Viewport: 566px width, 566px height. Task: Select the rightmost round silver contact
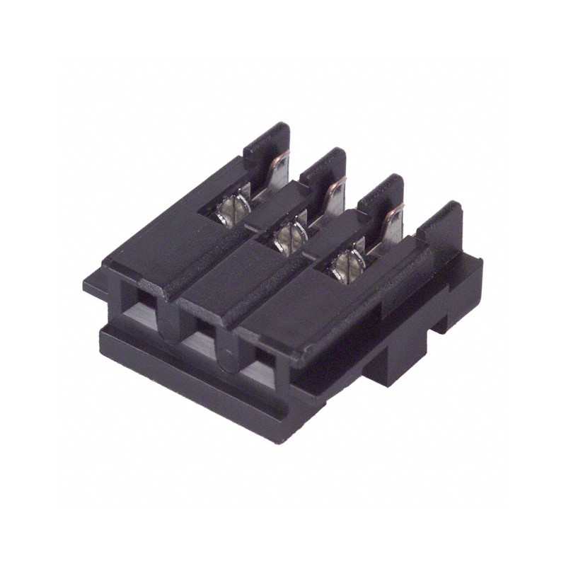click(344, 265)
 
